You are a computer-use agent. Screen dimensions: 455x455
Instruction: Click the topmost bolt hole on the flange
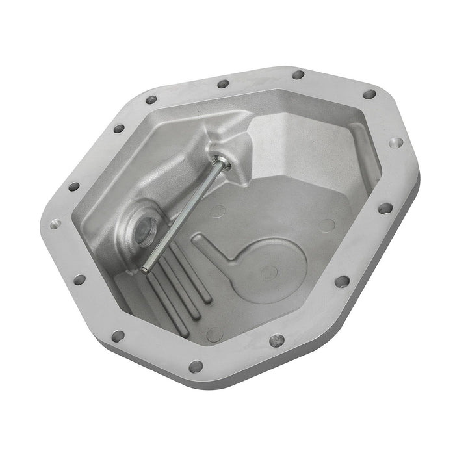[x=298, y=74]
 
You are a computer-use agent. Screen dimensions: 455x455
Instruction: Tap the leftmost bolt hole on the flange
[x=53, y=224]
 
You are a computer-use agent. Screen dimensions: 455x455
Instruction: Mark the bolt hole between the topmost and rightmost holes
[x=369, y=94]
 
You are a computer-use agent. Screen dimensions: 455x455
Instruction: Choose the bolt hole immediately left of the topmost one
[x=223, y=84]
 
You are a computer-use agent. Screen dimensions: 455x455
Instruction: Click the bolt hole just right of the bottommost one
[x=278, y=339]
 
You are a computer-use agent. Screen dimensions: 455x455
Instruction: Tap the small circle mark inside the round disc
[x=268, y=272]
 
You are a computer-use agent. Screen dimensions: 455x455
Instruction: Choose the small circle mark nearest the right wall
[x=327, y=226]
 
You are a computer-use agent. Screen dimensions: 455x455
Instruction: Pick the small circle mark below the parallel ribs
[x=214, y=335]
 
